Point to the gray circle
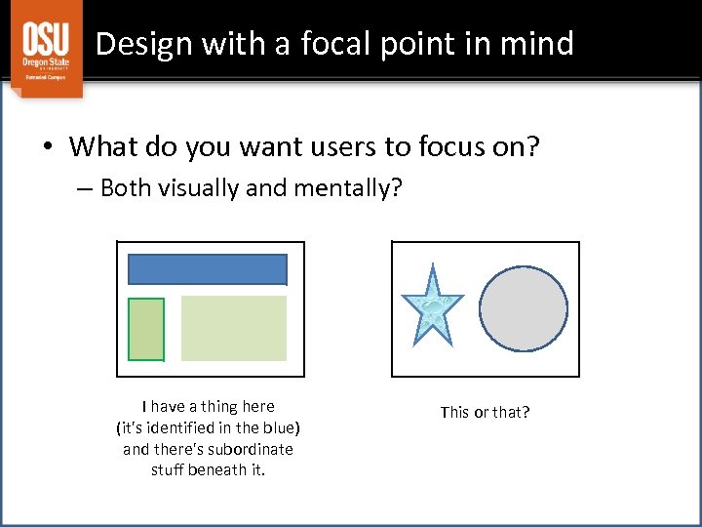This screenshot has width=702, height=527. tap(524, 307)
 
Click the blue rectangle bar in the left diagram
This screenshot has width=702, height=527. tap(208, 269)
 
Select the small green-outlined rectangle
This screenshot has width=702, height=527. tap(146, 329)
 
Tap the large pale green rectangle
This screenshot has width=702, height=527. tap(234, 329)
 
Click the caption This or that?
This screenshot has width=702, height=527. tap(485, 412)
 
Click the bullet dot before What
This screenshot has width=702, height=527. tap(47, 148)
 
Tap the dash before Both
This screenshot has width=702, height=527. tap(85, 188)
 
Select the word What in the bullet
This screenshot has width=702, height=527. tap(99, 147)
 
